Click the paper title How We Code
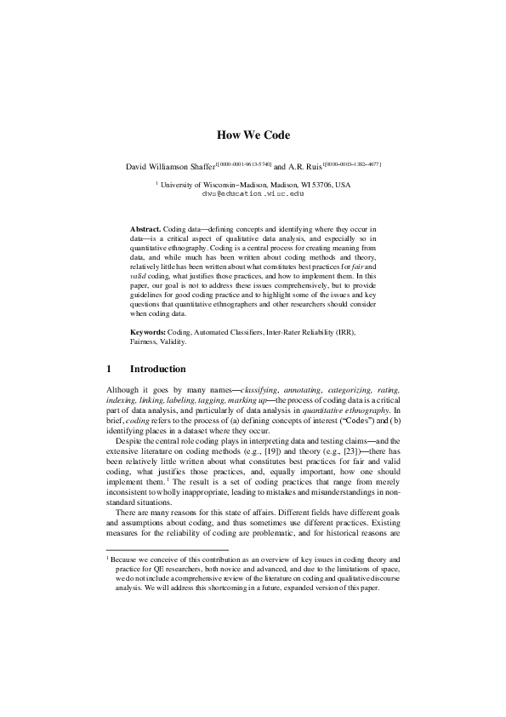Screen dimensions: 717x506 pyautogui.click(x=253, y=135)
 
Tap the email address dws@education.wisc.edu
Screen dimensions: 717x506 pyautogui.click(x=253, y=193)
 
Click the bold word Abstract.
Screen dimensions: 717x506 pyautogui.click(x=145, y=230)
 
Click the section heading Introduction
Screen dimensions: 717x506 pyautogui.click(x=157, y=369)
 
